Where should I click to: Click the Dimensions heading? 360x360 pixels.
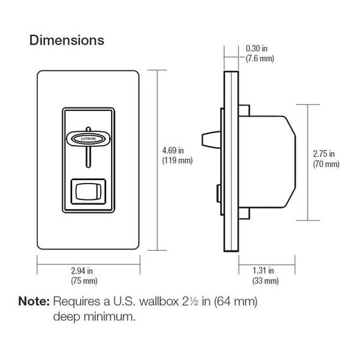tap(67, 41)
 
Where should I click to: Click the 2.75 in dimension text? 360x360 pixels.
tap(325, 153)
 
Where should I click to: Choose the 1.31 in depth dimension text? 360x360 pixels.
tap(264, 270)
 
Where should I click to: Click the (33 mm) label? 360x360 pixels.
tap(264, 281)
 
